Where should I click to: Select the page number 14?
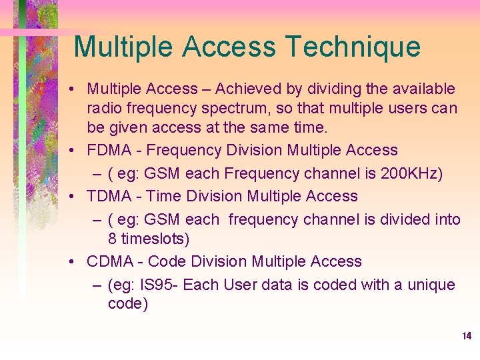(x=467, y=336)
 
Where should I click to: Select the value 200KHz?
(x=413, y=173)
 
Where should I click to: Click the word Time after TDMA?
(x=163, y=196)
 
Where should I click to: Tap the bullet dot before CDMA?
(x=77, y=262)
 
